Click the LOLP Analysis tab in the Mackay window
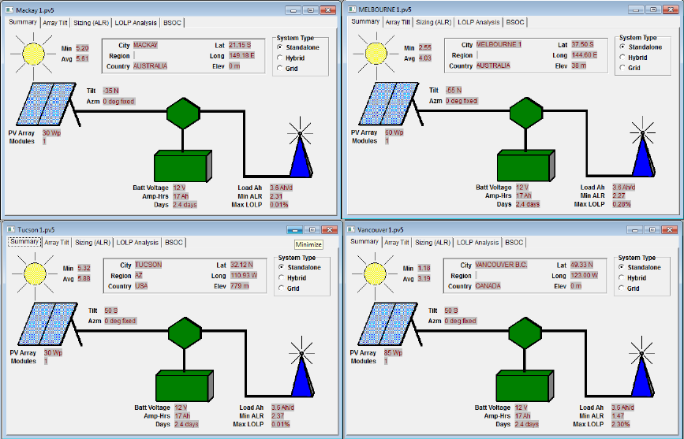(136, 24)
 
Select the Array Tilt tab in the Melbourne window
(397, 23)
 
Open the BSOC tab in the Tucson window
(174, 243)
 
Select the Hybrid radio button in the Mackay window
(280, 58)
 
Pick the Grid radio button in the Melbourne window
(622, 68)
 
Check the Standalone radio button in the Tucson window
(280, 267)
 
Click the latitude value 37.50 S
(583, 45)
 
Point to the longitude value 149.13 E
(241, 56)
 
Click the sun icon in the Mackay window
(34, 54)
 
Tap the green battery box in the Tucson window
(183, 388)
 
